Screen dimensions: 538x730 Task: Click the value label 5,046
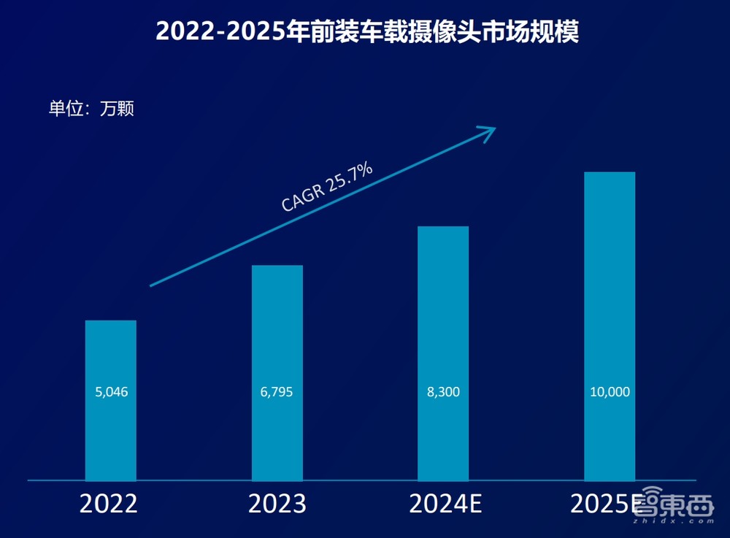[x=111, y=392]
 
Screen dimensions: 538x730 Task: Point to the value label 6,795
[x=277, y=392]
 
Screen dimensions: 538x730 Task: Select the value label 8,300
[x=443, y=392]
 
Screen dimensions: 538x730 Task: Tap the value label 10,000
[x=610, y=392]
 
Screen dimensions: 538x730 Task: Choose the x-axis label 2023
[x=277, y=504]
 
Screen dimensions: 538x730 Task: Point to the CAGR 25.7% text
[x=327, y=188]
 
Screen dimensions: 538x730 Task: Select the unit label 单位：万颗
[x=91, y=109]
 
